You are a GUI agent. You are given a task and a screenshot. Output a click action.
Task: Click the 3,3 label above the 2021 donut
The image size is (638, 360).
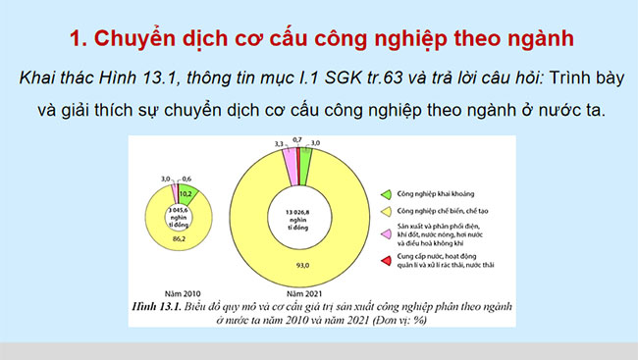point(279,144)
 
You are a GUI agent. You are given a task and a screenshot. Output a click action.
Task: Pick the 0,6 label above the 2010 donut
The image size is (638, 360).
point(187,179)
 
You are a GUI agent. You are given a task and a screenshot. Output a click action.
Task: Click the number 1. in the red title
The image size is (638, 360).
point(80,39)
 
